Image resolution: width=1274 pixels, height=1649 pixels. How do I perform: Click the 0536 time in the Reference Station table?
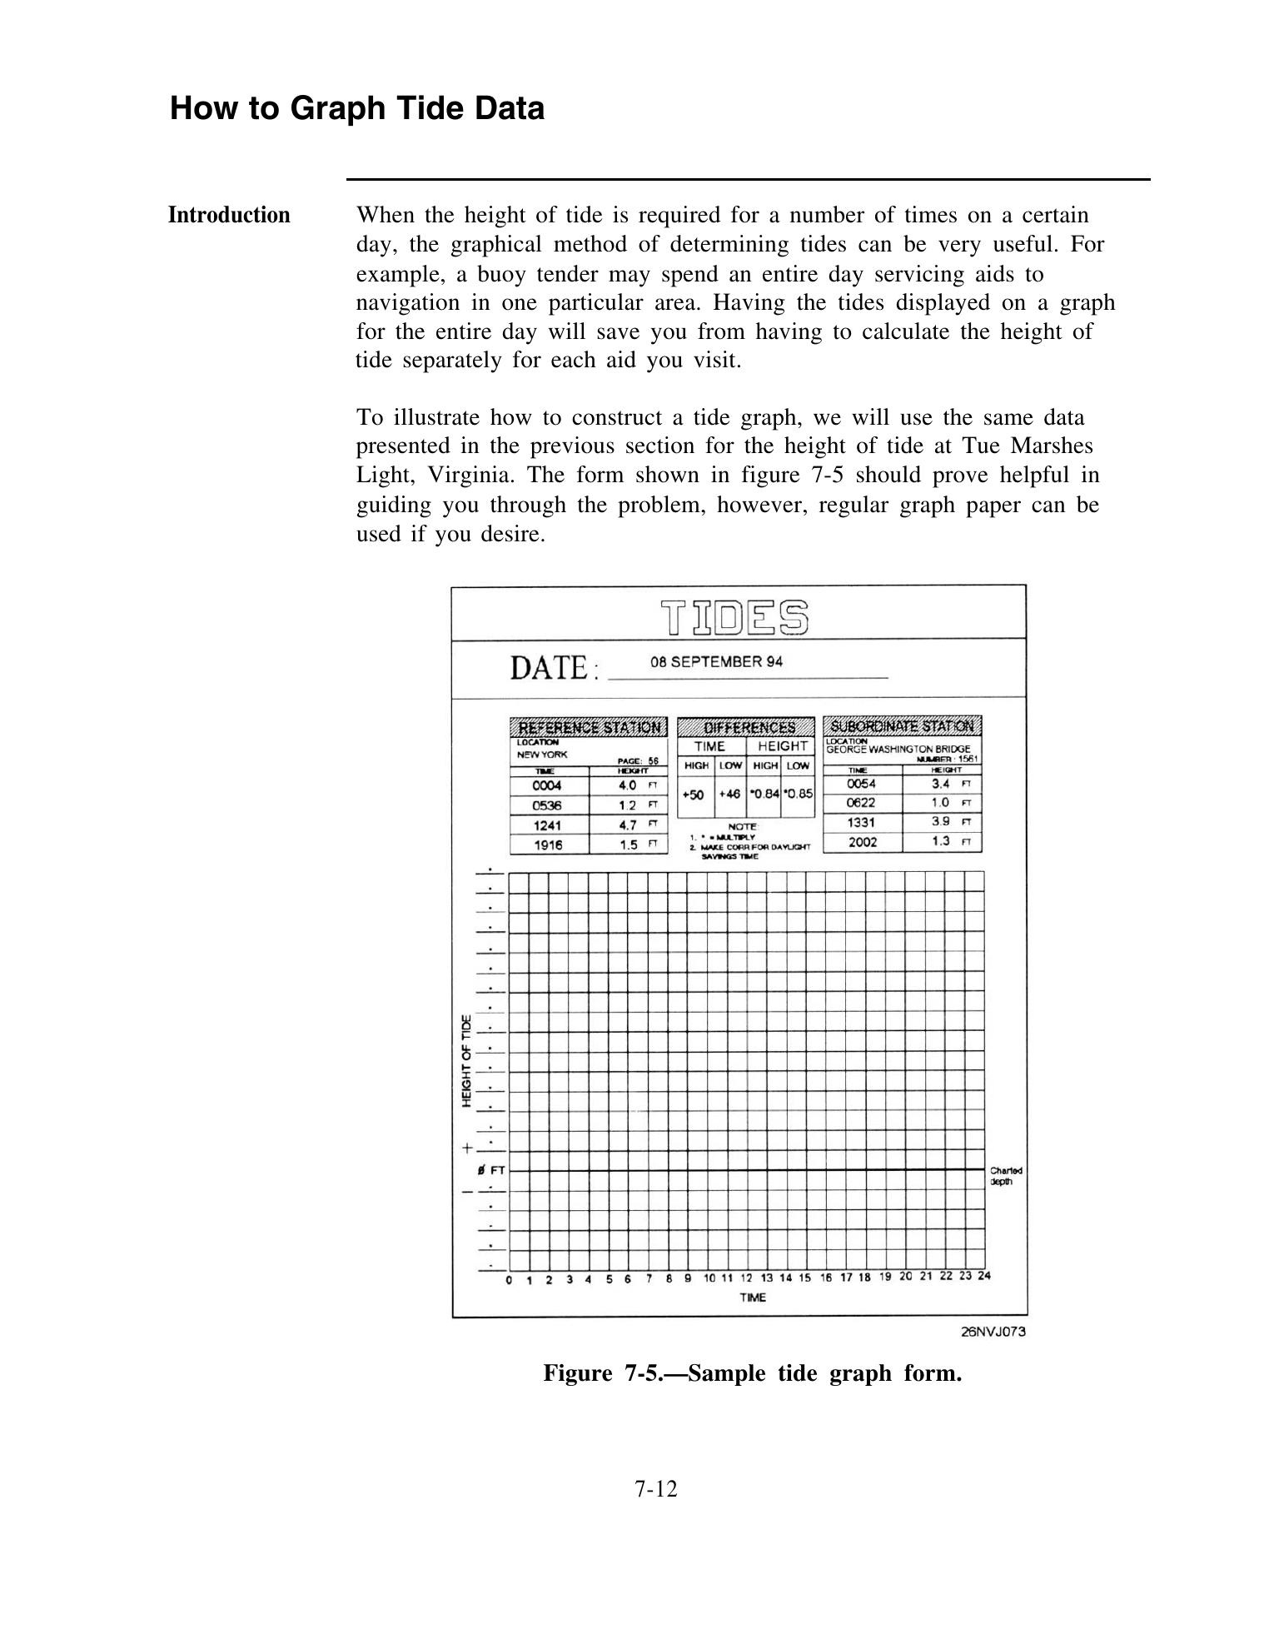point(547,805)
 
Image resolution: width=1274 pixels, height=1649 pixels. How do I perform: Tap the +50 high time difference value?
point(693,795)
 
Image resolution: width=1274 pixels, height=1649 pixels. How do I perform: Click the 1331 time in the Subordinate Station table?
point(861,822)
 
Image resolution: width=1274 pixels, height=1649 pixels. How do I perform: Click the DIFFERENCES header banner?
point(746,727)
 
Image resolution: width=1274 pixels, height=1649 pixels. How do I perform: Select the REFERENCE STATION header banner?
point(589,727)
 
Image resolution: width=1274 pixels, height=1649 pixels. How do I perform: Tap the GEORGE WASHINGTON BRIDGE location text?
point(898,749)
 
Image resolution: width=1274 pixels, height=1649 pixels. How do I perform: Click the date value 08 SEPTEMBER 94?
point(716,662)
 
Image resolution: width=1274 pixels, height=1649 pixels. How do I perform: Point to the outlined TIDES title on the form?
point(736,617)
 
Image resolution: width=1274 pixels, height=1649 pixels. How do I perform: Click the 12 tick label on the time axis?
point(746,1278)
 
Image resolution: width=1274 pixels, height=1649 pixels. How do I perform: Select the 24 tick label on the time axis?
point(984,1276)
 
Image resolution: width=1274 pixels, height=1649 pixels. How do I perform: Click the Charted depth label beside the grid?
point(1006,1176)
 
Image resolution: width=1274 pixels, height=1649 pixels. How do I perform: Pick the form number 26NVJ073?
point(993,1332)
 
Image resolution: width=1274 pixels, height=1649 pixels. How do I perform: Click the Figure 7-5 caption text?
point(752,1373)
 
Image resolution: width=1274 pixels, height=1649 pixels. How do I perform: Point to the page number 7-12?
point(656,1489)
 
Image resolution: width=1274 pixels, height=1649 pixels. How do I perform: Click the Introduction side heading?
point(229,216)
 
